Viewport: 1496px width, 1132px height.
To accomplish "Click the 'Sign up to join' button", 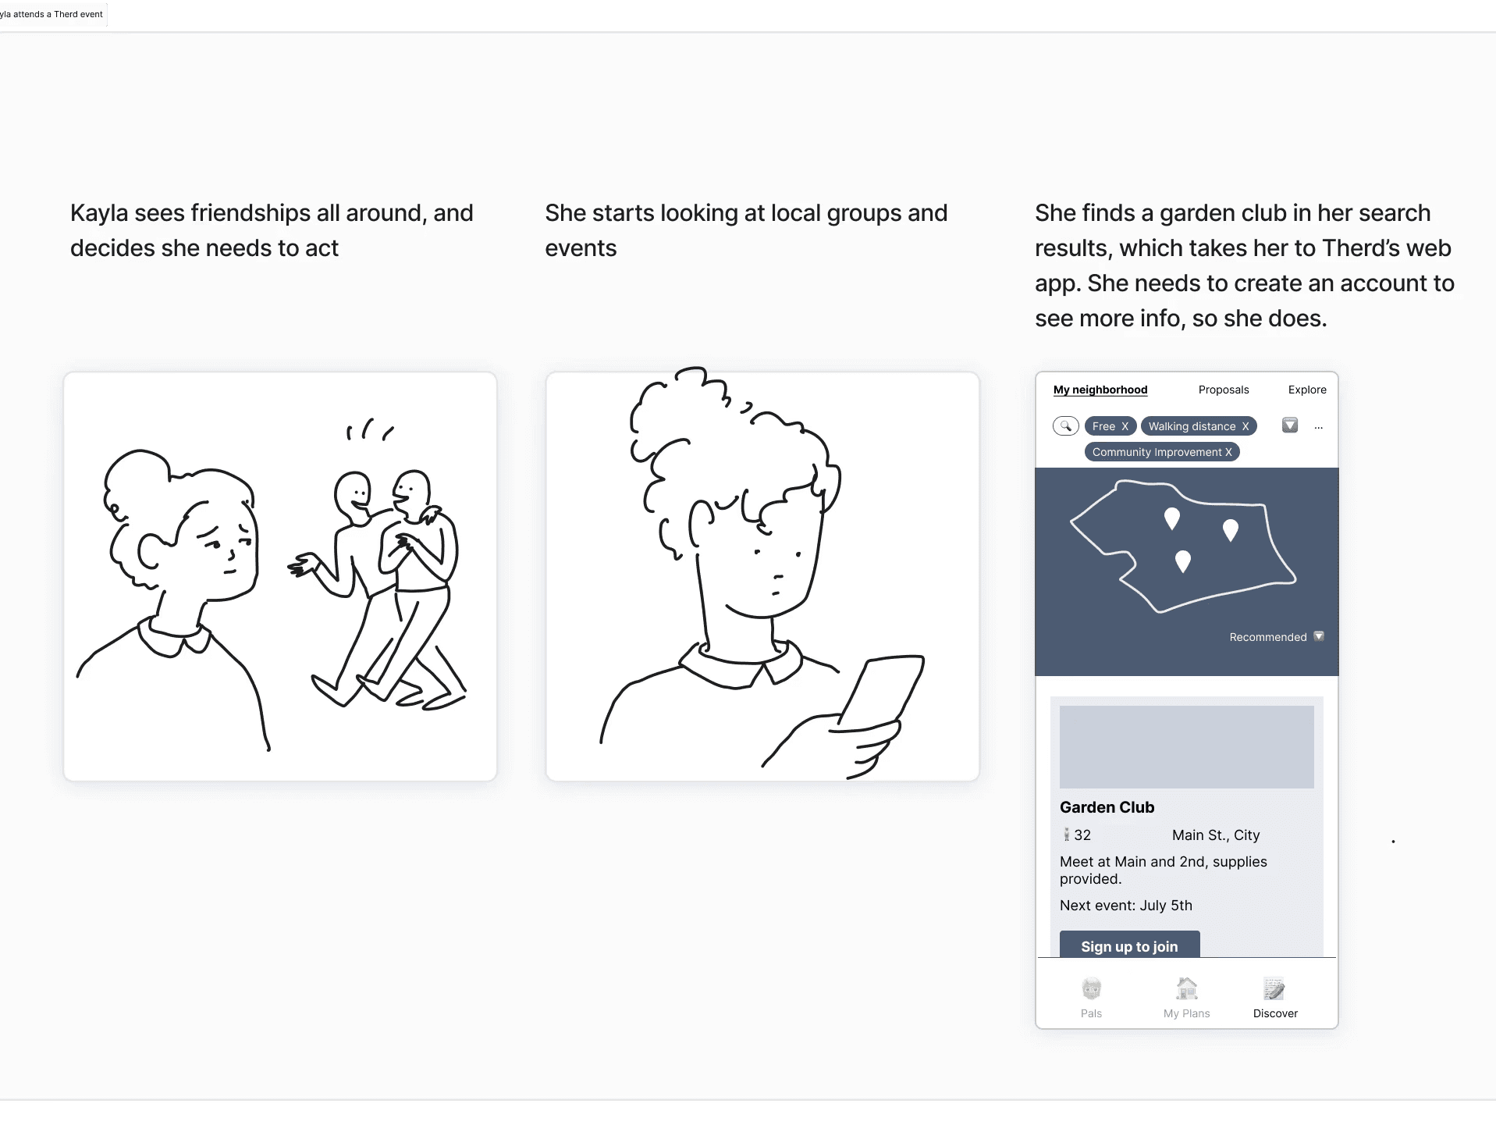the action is tap(1129, 945).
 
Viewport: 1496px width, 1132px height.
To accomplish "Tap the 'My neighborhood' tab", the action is tap(1100, 390).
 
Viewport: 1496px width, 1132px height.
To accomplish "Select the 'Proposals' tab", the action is tap(1224, 390).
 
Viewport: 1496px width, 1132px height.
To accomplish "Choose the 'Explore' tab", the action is tap(1307, 390).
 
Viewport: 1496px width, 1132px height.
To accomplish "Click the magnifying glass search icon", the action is tap(1066, 425).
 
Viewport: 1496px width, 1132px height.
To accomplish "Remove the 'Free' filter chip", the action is tap(1125, 426).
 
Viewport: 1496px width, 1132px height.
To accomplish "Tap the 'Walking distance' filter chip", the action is tap(1199, 426).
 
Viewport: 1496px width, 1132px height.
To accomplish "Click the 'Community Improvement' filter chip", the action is tap(1162, 452).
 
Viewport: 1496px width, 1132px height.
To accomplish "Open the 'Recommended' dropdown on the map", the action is tap(1319, 636).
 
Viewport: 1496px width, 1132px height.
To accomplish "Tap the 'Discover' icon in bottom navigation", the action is tap(1275, 989).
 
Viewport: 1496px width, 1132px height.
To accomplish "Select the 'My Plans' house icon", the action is tap(1187, 989).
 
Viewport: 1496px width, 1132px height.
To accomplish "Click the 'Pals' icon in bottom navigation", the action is tap(1092, 989).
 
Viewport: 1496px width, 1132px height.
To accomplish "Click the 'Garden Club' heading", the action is tap(1107, 807).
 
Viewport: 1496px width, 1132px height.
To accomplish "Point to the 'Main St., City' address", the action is tap(1216, 835).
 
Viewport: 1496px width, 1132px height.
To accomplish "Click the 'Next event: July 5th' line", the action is tap(1126, 906).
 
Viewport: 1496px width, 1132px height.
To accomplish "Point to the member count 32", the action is tap(1082, 835).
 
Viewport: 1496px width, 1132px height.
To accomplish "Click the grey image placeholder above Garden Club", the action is tap(1186, 747).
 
